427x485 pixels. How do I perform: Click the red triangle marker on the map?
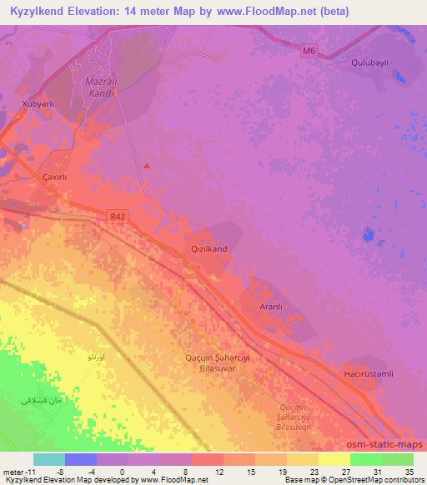[x=148, y=165]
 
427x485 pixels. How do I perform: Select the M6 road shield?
[x=309, y=52]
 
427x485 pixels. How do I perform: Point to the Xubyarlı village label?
[x=38, y=104]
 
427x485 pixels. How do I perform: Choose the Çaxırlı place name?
[x=58, y=177]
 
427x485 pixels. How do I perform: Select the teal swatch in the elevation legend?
[x=49, y=459]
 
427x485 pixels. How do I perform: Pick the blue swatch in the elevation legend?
[x=81, y=459]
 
